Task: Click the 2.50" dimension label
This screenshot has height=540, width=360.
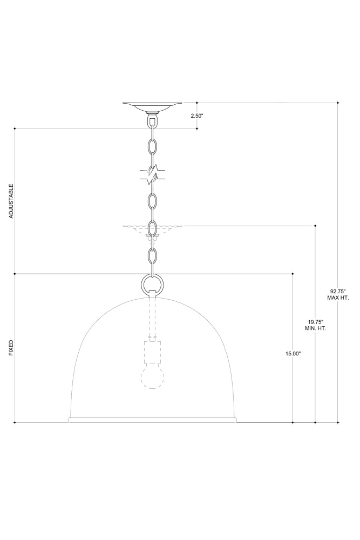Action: [x=197, y=116]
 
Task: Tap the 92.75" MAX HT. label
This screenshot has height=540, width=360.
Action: [x=338, y=295]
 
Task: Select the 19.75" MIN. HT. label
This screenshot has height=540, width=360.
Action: [x=316, y=325]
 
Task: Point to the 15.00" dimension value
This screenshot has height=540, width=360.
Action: [x=293, y=353]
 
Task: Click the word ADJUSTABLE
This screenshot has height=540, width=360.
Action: [x=11, y=201]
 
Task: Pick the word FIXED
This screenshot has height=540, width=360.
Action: [x=11, y=348]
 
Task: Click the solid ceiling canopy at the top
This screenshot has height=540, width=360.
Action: [x=152, y=107]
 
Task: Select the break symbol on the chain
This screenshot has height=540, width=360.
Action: [x=152, y=175]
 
